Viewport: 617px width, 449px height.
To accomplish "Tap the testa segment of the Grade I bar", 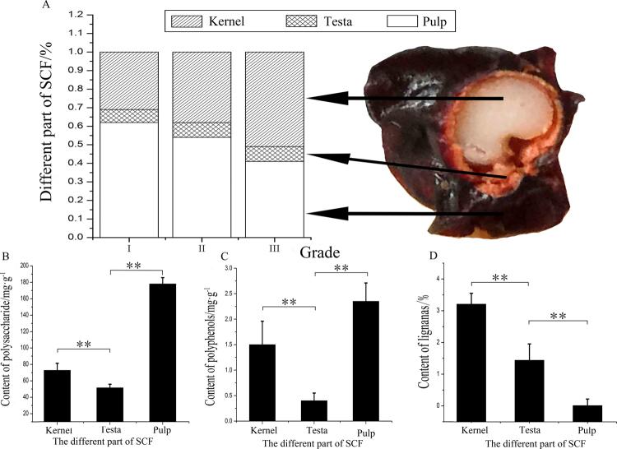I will click(128, 116).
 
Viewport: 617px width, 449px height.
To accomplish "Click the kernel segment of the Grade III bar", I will click(275, 100).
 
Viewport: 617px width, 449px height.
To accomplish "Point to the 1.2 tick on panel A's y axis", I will click(77, 16).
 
